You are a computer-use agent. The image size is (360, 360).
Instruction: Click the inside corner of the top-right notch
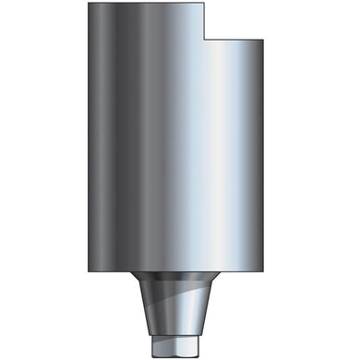click(x=204, y=39)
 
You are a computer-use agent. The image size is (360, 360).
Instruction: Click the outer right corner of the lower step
click(x=270, y=39)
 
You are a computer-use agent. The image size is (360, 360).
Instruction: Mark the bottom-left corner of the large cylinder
click(x=90, y=273)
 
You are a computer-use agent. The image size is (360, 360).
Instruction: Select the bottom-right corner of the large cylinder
click(x=270, y=273)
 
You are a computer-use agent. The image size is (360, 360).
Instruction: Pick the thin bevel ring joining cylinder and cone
click(x=180, y=278)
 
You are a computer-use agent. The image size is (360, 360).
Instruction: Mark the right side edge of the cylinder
click(x=270, y=157)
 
